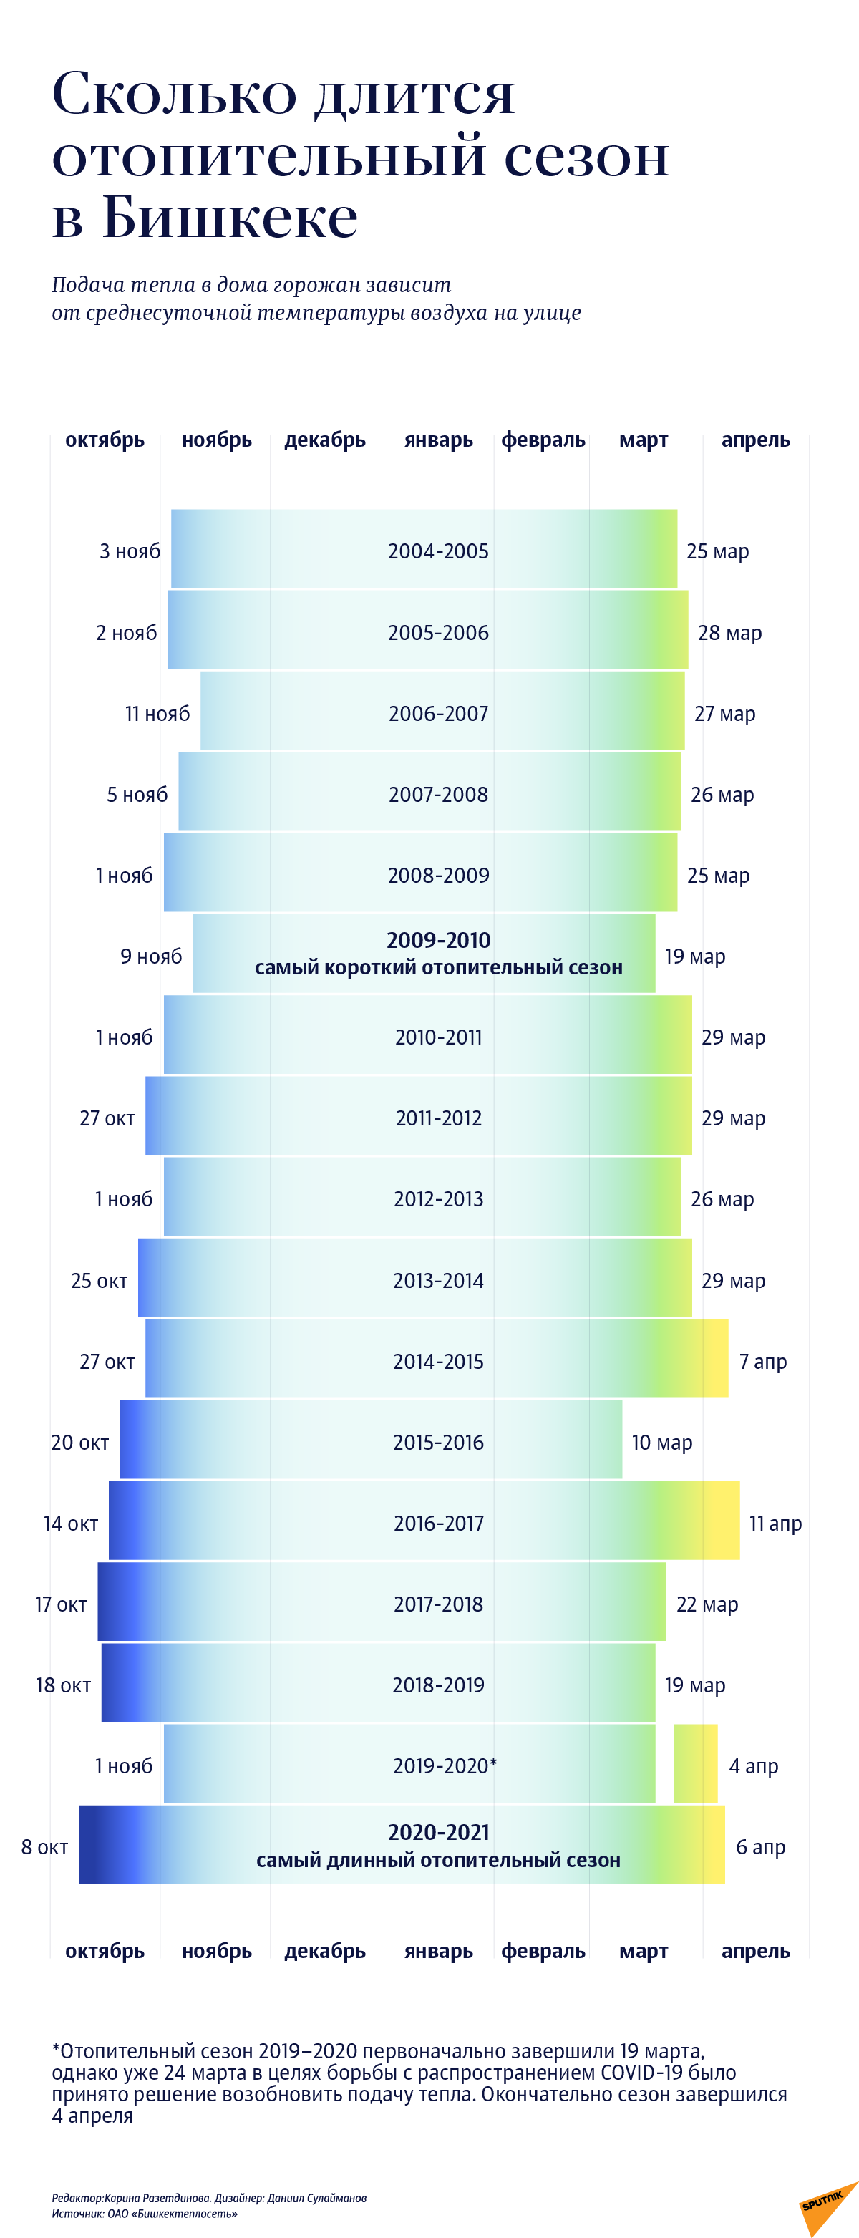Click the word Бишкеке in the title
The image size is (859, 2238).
click(230, 216)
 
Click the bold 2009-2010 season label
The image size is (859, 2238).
click(438, 940)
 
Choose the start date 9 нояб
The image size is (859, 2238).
click(150, 956)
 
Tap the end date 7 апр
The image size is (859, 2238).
click(762, 1362)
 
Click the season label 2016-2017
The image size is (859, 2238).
click(438, 1523)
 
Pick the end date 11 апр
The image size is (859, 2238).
click(775, 1523)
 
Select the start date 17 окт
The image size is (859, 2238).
click(61, 1604)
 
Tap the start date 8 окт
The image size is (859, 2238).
click(44, 1847)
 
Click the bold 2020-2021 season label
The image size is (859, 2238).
click(438, 1832)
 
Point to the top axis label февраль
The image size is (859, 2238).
click(543, 440)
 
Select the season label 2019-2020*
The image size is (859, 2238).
click(444, 1765)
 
